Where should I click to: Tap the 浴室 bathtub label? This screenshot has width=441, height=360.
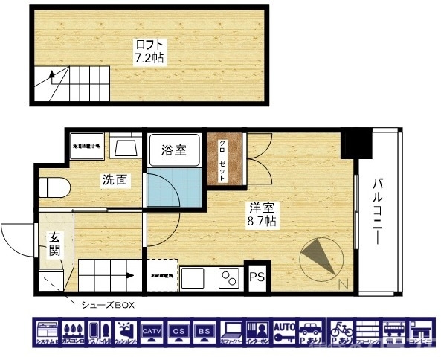tap(174, 150)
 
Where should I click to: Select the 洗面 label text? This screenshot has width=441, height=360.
tap(113, 179)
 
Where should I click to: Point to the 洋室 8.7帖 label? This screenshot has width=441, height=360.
tap(262, 213)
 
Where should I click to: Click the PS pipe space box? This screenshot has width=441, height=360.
tap(257, 277)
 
